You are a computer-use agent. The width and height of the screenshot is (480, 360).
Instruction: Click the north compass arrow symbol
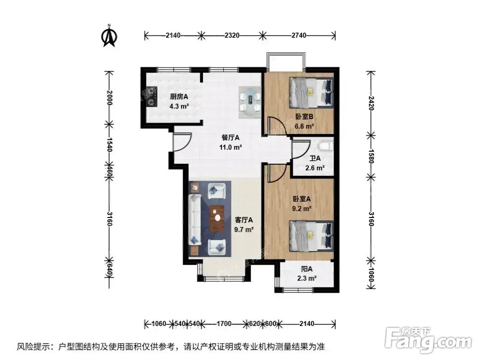click(109, 37)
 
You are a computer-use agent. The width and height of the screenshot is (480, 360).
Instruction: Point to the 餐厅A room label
click(230, 142)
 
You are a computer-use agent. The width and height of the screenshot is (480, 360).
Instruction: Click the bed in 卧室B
click(311, 93)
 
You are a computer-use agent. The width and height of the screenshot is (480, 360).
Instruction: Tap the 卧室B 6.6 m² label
click(304, 121)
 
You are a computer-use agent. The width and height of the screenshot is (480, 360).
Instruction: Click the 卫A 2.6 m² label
click(314, 164)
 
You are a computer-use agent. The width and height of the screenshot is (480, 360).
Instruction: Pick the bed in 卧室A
click(311, 235)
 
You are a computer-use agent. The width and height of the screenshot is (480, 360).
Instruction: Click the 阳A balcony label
click(306, 273)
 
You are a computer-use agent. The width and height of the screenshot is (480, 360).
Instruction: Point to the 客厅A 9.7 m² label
click(244, 224)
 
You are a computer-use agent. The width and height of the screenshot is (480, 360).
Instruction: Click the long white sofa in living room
click(195, 219)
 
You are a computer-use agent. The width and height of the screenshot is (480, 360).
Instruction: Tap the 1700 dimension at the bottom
click(224, 324)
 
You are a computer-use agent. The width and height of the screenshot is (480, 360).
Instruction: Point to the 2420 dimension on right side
click(370, 103)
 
